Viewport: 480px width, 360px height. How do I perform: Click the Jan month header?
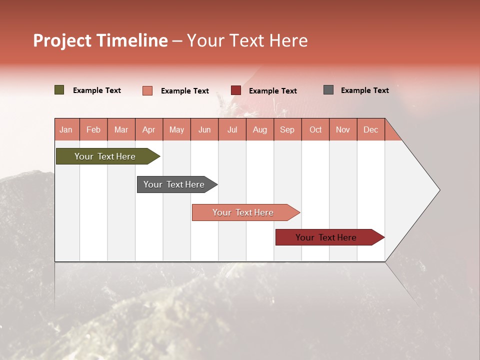coord(66,129)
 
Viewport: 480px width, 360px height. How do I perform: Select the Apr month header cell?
coord(149,129)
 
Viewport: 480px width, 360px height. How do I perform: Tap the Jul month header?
coord(232,129)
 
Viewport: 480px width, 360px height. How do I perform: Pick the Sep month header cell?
coord(287,129)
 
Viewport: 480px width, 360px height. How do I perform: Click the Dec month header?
coord(370,129)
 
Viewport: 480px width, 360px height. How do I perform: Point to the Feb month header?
coord(93,129)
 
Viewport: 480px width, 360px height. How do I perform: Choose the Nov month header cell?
coord(343,129)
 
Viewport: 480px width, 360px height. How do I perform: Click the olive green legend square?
coord(59,90)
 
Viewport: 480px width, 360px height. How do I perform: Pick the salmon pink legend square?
coord(147,90)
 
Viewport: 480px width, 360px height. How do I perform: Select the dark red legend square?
coord(236,90)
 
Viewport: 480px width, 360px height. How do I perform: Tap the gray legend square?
coord(328,90)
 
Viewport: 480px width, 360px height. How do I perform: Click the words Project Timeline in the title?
coord(100,40)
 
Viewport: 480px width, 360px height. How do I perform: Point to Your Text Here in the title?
coord(247,40)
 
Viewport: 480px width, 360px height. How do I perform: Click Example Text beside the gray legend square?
coord(364,90)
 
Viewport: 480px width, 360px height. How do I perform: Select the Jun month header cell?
coord(204,129)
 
